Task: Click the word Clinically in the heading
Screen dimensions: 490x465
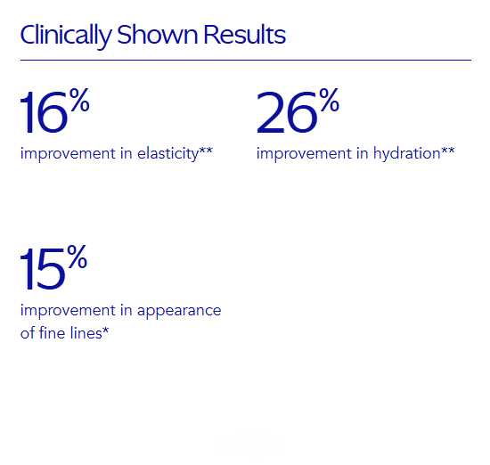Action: [x=66, y=36]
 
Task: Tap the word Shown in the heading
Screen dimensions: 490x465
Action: [x=157, y=34]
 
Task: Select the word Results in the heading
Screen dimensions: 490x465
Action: [x=244, y=34]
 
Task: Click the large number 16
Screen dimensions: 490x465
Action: [x=44, y=112]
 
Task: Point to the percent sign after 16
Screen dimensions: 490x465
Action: [x=79, y=100]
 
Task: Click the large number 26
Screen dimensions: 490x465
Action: [x=287, y=112]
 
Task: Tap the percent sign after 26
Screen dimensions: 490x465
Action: [x=329, y=100]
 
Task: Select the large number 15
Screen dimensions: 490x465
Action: [x=43, y=269]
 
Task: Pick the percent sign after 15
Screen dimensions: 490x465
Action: [x=78, y=257]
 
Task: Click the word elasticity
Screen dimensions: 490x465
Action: [x=167, y=154]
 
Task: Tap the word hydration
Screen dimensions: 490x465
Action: [x=406, y=154]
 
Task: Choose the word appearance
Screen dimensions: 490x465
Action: [x=179, y=311]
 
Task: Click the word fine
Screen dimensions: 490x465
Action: [x=53, y=332]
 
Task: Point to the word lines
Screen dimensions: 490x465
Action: [x=86, y=332]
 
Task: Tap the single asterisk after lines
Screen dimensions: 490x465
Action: [x=105, y=330]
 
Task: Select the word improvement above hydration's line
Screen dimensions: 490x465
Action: [x=304, y=154]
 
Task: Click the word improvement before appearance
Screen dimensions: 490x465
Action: [x=68, y=311]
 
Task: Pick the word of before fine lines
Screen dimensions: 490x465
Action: [x=28, y=332]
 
